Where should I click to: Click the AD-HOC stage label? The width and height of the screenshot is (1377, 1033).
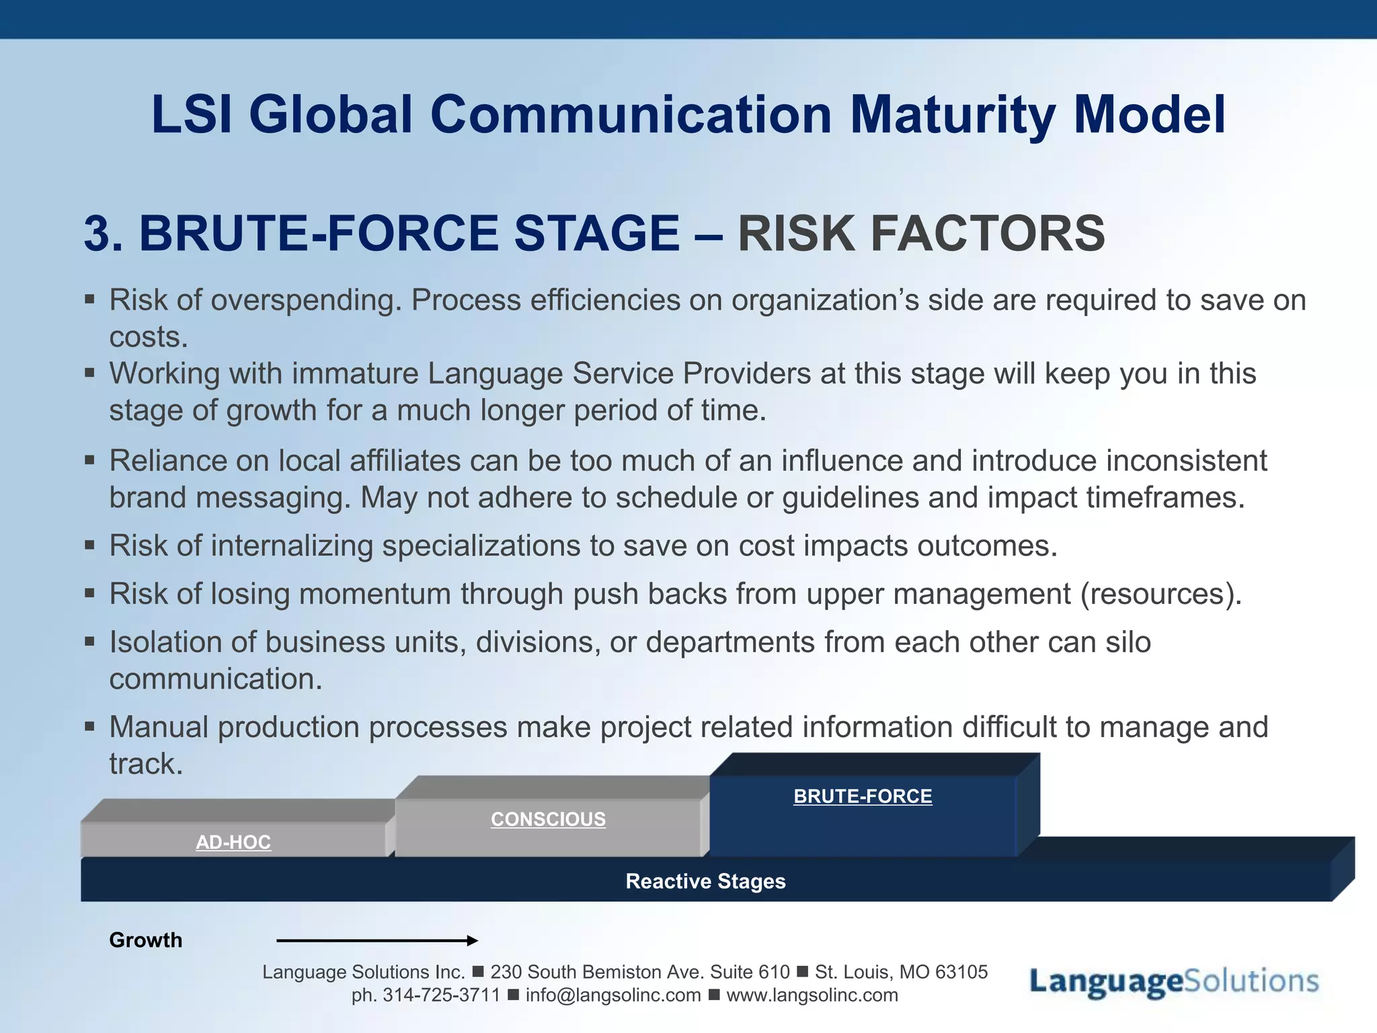point(233,842)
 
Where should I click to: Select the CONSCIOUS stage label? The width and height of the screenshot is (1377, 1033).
point(548,819)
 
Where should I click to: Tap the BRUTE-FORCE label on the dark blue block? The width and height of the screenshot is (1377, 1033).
point(863,796)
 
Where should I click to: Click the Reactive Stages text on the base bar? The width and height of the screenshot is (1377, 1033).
point(705,881)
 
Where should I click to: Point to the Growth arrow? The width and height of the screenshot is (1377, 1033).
point(377,940)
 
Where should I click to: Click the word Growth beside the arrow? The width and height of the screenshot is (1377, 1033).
point(145,940)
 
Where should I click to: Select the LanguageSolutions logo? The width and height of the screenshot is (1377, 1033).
point(1173,981)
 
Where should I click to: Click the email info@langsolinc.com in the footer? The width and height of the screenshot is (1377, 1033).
point(613,995)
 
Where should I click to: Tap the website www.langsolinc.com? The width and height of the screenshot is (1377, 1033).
point(812,995)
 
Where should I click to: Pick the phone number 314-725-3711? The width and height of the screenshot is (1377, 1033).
point(441,995)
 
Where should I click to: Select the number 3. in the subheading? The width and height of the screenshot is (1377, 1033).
point(103,233)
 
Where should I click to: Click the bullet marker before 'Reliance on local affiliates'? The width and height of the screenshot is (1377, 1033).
point(89,460)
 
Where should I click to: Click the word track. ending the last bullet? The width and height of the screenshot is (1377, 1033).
point(146,764)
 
